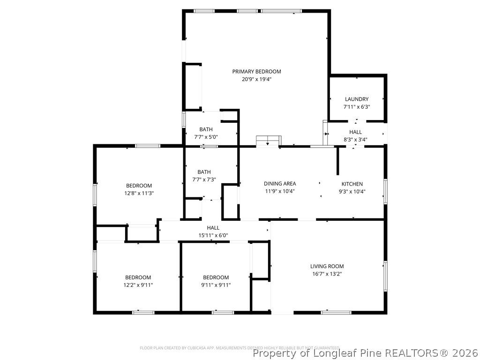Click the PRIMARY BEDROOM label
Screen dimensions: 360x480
[256, 71]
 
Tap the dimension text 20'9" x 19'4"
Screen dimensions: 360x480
[256, 79]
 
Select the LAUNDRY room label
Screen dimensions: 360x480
[357, 99]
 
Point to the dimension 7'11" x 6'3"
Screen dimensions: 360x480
[357, 106]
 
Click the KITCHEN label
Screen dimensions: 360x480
[352, 184]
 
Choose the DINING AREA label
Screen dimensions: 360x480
[280, 184]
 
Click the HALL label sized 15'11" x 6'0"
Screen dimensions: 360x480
[213, 228]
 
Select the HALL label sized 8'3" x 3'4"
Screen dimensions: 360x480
[355, 132]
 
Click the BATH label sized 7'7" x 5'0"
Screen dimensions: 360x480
[206, 129]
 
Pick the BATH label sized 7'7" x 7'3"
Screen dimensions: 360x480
[204, 172]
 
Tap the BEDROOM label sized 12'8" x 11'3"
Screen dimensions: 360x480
[139, 186]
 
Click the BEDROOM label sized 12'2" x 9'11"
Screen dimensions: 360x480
[138, 277]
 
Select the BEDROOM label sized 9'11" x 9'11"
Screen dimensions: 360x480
[216, 277]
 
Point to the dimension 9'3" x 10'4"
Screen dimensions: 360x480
[352, 191]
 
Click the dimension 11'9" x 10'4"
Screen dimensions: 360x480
[280, 191]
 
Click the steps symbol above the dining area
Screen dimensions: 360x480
[268, 141]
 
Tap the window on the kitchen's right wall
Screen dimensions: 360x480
[385, 191]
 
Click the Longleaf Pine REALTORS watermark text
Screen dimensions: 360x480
[365, 352]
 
